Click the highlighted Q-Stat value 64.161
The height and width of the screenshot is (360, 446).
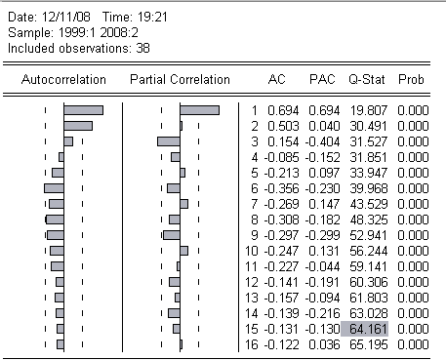[x=364, y=329]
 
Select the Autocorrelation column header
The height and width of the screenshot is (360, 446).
[x=63, y=79]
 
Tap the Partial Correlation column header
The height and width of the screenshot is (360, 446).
[x=180, y=79]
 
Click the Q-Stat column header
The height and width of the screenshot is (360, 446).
[x=367, y=79]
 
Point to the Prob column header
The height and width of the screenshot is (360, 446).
[x=411, y=79]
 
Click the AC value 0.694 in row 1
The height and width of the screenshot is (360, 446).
[x=283, y=110]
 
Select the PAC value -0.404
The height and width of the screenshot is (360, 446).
[x=322, y=141]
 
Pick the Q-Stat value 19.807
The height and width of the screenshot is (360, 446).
[x=369, y=110]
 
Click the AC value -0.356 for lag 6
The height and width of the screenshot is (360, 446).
[x=281, y=188]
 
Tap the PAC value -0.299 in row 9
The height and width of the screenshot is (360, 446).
[x=322, y=235]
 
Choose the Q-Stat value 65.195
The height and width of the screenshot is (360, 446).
[x=369, y=344]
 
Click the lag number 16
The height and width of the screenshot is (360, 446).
[x=252, y=344]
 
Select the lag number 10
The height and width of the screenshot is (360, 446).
[x=252, y=251]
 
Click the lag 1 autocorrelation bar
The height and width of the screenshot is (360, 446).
[x=84, y=110]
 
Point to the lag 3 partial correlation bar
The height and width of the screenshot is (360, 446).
[x=169, y=141]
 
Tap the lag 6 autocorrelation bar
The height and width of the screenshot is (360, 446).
[x=54, y=188]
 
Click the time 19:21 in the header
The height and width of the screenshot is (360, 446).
[x=152, y=17]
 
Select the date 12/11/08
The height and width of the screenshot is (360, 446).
[x=66, y=17]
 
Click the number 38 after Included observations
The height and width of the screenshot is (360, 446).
[x=142, y=49]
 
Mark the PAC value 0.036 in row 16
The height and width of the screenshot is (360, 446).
[x=324, y=344]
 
